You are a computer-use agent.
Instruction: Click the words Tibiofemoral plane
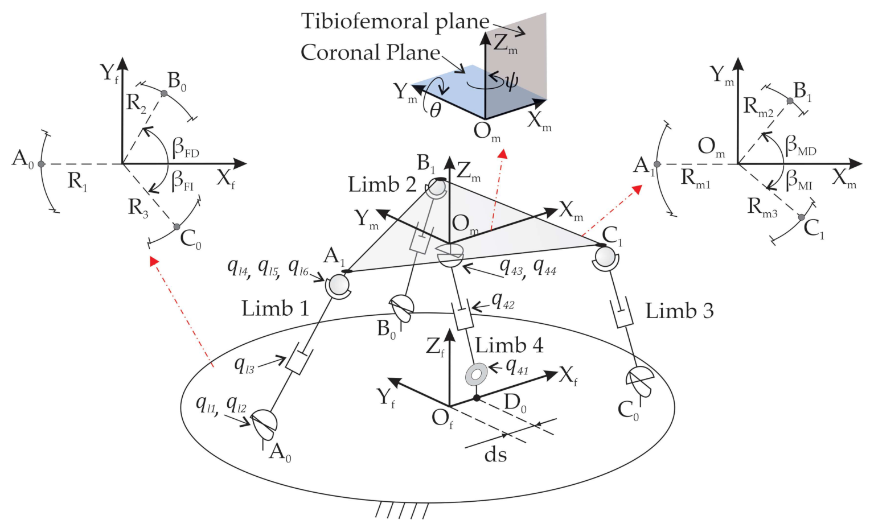tap(395, 22)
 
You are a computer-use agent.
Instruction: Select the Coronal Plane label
tap(370, 52)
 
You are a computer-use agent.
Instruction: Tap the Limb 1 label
tap(275, 308)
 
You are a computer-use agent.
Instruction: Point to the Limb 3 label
tap(679, 311)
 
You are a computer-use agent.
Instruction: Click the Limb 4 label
tap(509, 345)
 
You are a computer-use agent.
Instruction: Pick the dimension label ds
tap(495, 455)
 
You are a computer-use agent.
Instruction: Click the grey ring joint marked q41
tap(476, 374)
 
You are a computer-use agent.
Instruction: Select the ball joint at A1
tap(338, 284)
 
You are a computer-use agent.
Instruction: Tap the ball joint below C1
tap(605, 259)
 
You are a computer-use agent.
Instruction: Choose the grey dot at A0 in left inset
tap(40, 164)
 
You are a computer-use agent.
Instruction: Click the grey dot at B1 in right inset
tap(790, 101)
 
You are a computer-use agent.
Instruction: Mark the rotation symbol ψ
tap(511, 81)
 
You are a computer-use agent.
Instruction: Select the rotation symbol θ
tap(436, 109)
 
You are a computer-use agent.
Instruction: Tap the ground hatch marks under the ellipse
tap(401, 510)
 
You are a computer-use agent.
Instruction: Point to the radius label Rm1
tap(695, 179)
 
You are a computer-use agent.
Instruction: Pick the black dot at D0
tap(477, 398)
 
